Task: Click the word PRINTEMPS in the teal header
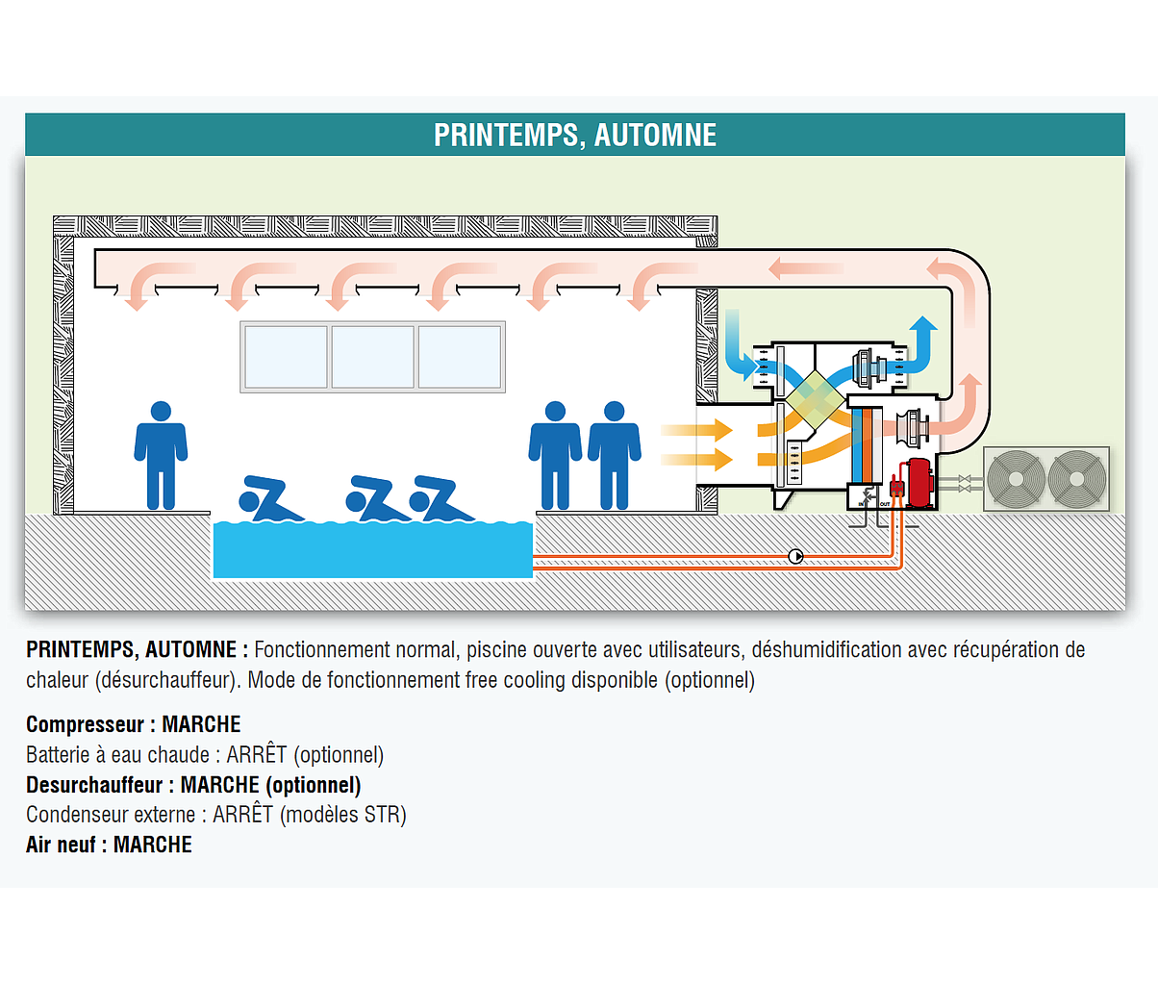click(503, 135)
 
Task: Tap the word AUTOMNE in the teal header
click(655, 135)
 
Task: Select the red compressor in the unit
click(919, 481)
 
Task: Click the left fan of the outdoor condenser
click(1016, 478)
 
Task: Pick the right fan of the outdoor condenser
click(1076, 478)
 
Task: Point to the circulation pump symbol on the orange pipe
click(796, 556)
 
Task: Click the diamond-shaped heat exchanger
click(816, 396)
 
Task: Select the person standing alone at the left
click(161, 454)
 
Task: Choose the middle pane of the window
click(373, 357)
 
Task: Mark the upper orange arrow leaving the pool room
click(698, 430)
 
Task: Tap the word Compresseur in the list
click(85, 724)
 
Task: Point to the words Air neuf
click(61, 845)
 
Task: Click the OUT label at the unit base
click(885, 503)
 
